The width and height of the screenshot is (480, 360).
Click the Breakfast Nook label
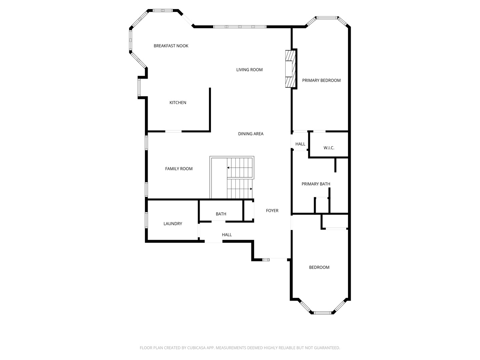pyautogui.click(x=171, y=46)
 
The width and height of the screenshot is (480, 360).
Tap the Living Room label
pyautogui.click(x=249, y=70)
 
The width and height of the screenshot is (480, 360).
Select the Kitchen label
pyautogui.click(x=178, y=103)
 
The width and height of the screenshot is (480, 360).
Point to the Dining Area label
pyautogui.click(x=251, y=134)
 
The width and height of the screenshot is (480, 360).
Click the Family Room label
pyautogui.click(x=179, y=169)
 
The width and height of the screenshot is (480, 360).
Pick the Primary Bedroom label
pyautogui.click(x=321, y=80)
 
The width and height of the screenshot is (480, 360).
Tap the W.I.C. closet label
pyautogui.click(x=329, y=148)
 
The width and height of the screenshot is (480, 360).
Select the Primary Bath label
pyautogui.click(x=316, y=184)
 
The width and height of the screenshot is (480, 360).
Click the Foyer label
pyautogui.click(x=272, y=211)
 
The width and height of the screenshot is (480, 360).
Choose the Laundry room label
pyautogui.click(x=173, y=224)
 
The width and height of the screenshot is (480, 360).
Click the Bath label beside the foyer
pyautogui.click(x=221, y=214)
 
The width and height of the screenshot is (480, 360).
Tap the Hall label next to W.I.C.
pyautogui.click(x=300, y=144)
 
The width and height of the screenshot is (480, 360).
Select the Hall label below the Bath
pyautogui.click(x=227, y=235)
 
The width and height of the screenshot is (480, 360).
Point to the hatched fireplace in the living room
pyautogui.click(x=290, y=69)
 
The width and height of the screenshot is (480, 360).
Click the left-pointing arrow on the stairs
pyautogui.click(x=229, y=168)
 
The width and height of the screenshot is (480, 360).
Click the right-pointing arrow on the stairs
pyautogui.click(x=251, y=189)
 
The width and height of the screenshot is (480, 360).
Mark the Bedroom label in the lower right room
pyautogui.click(x=319, y=267)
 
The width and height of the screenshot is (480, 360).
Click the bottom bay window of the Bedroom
pyautogui.click(x=322, y=313)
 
